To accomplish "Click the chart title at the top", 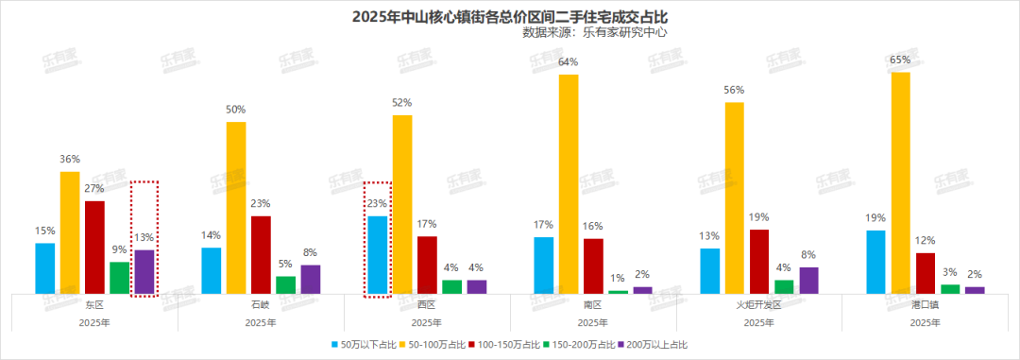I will [x=509, y=16].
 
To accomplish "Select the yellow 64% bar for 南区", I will [x=568, y=184].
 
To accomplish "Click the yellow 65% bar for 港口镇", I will [x=900, y=183].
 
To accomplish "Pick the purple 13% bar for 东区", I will [x=144, y=272].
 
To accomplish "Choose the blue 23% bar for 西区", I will [x=378, y=255].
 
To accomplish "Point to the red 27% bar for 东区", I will [x=94, y=248].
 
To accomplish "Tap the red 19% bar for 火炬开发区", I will [x=759, y=262].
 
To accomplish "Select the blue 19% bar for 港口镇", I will [x=875, y=262].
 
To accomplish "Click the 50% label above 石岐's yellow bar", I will [x=236, y=111].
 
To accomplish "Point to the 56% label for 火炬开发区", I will [x=734, y=91].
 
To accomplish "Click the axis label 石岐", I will [x=261, y=305].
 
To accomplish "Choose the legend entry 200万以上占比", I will [x=657, y=345].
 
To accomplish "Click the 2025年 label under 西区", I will [x=427, y=322].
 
